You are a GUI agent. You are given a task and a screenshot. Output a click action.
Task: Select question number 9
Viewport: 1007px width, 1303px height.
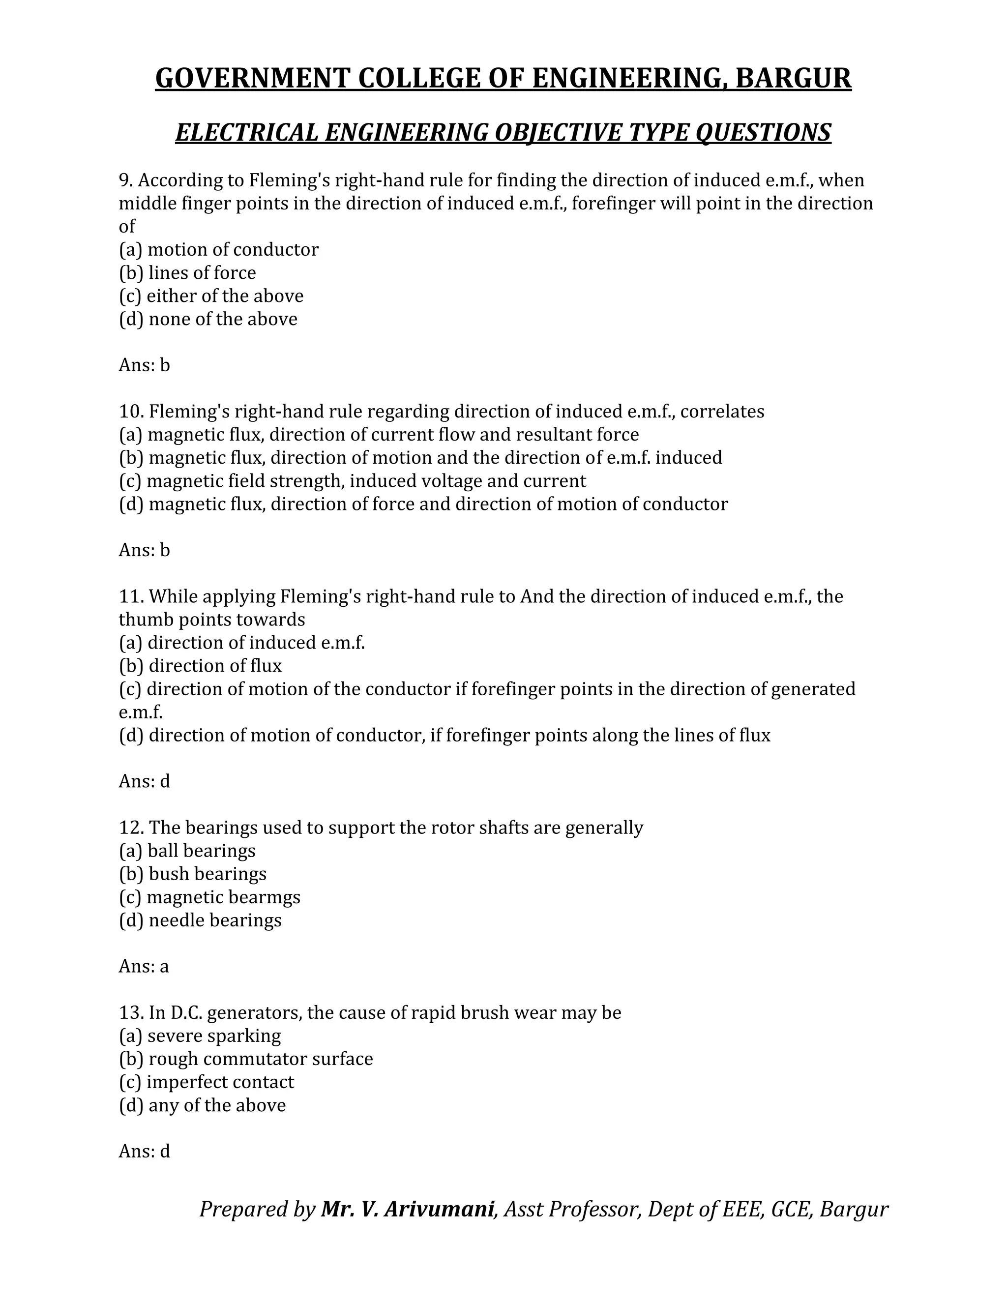[x=125, y=180]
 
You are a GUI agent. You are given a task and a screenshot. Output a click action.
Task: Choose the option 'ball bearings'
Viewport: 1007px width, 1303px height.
[x=187, y=851]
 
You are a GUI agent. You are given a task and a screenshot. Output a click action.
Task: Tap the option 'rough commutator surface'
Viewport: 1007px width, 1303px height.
[x=246, y=1059]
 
